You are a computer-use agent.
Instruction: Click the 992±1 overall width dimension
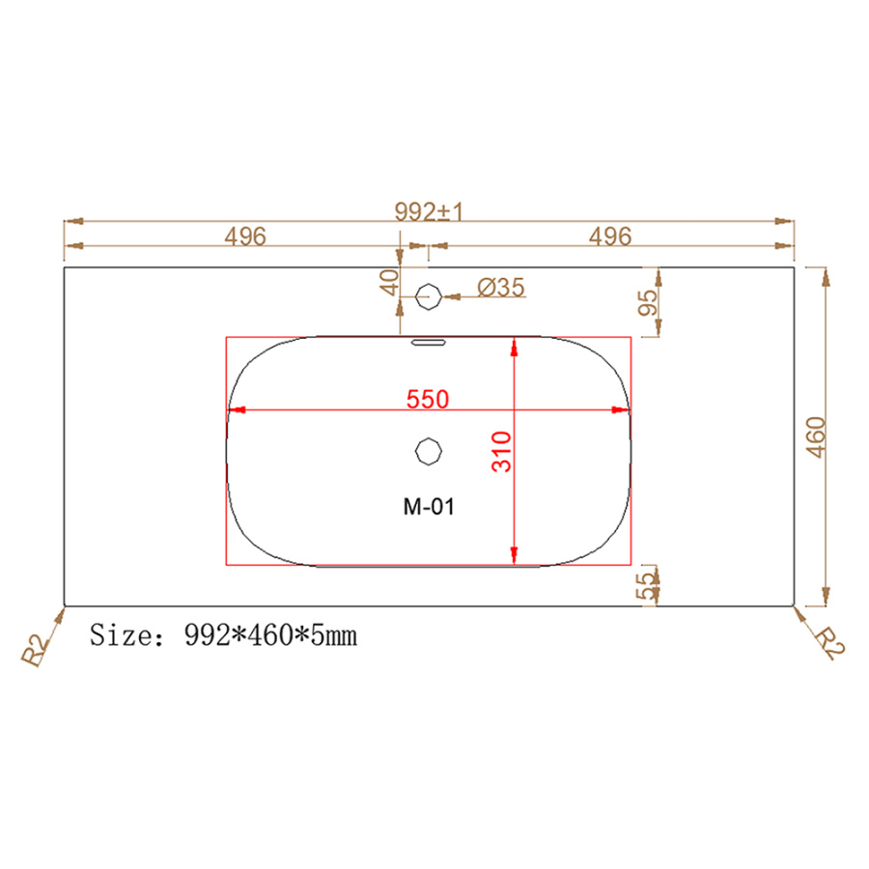[x=429, y=211]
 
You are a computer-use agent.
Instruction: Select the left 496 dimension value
[x=245, y=237]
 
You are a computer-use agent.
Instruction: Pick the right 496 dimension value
[x=609, y=237]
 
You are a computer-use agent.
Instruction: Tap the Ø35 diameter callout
[x=500, y=287]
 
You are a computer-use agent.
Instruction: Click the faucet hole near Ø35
[x=429, y=296]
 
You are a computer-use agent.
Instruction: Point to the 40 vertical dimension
[x=390, y=283]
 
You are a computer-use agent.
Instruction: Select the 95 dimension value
[x=647, y=302]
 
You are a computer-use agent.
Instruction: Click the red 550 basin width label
[x=428, y=399]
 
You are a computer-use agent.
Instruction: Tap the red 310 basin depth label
[x=501, y=452]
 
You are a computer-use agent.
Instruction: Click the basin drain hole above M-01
[x=429, y=452]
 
